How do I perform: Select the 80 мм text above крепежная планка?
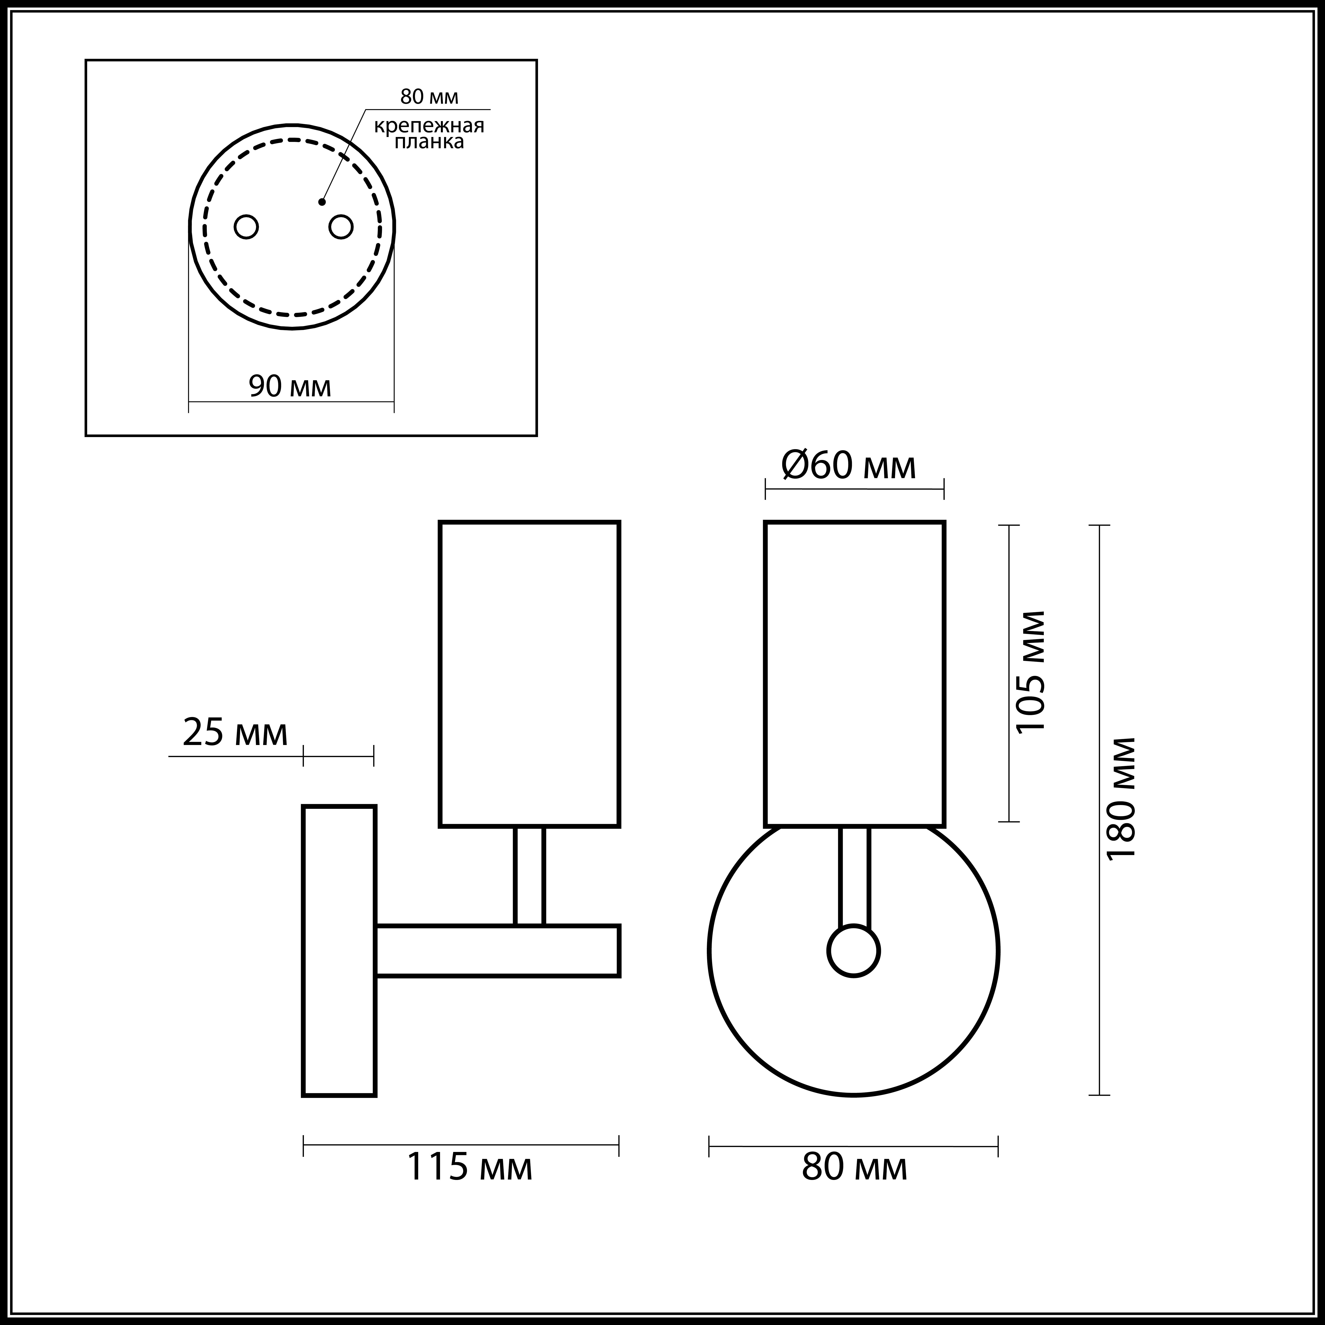coord(429,97)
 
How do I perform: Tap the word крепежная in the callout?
coord(429,126)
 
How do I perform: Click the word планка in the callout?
coord(429,142)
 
